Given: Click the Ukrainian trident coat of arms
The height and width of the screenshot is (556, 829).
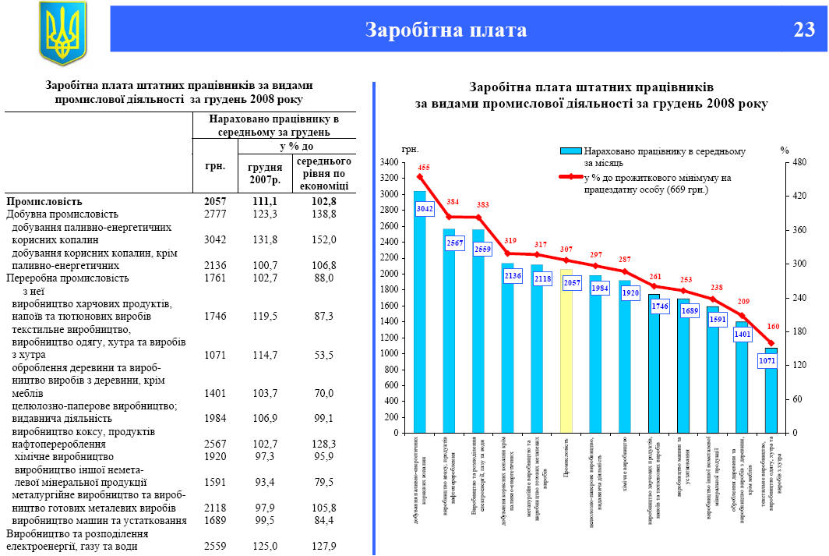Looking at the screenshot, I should click(63, 33).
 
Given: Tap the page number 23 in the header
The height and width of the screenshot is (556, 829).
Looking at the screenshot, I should click(803, 30).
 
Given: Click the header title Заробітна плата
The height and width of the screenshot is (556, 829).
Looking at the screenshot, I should click(446, 30).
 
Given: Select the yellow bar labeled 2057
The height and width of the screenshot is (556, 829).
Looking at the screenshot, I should click(566, 351).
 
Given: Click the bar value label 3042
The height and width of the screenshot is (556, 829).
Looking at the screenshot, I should click(425, 209).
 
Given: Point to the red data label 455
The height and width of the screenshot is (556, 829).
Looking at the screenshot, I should click(424, 168).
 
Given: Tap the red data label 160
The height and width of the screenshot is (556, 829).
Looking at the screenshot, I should click(773, 327).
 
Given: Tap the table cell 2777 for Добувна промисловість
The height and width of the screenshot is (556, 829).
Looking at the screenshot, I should click(214, 214).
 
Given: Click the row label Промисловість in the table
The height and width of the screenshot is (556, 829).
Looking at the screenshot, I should click(44, 201).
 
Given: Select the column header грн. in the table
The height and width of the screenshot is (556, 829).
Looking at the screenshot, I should click(215, 165).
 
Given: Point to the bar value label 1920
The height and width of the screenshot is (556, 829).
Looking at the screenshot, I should click(630, 293).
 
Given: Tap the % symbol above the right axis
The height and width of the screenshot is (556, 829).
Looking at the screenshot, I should click(785, 150).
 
